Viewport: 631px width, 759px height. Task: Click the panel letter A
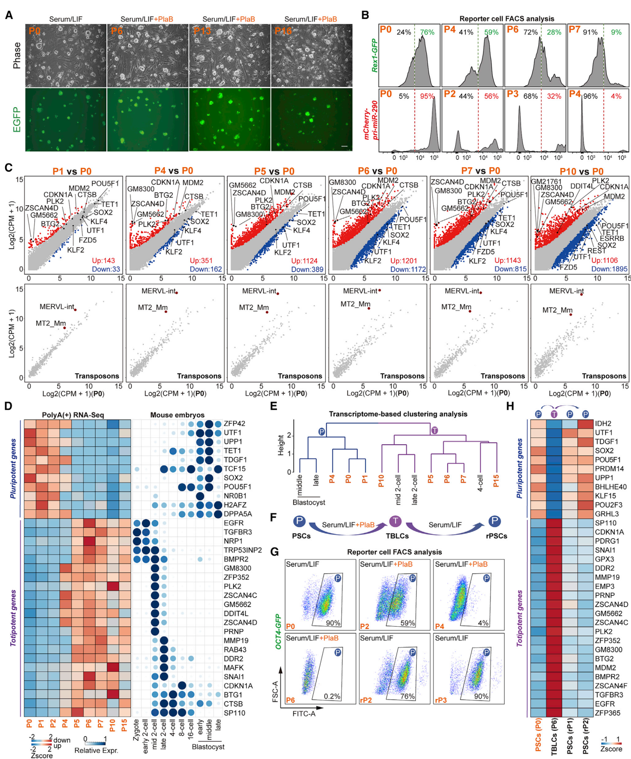pos(9,15)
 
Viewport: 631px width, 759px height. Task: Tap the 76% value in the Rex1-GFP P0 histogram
pos(427,32)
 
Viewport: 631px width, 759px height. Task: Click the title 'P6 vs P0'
pos(377,171)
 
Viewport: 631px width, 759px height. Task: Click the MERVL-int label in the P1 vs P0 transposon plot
pos(57,306)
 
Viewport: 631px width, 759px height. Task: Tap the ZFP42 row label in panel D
pos(234,423)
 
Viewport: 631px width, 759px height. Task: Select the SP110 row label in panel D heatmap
pos(234,713)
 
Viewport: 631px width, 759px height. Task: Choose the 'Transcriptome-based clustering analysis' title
pos(398,414)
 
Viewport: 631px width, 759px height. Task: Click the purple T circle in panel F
pos(395,521)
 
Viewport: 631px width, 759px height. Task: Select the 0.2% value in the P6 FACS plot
pos(332,696)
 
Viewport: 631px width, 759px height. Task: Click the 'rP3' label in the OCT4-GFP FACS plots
pos(441,700)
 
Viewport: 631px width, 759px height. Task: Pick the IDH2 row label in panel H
pos(603,423)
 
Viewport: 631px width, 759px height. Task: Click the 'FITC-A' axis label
pos(304,713)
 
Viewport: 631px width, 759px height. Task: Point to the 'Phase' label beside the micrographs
pos(17,56)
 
